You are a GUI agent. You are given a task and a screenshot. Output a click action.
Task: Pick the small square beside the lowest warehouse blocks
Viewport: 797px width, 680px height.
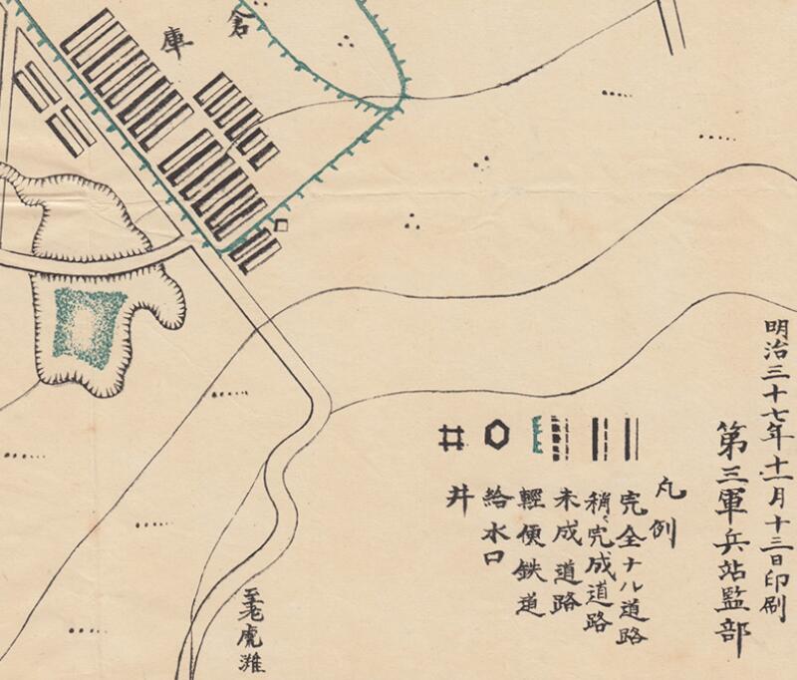tap(281, 226)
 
